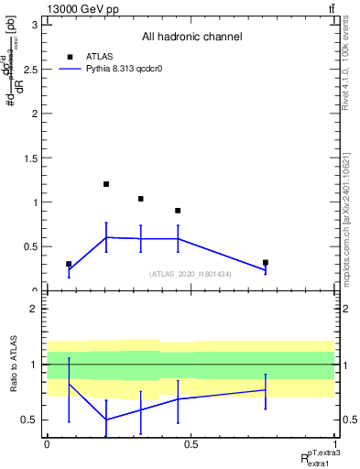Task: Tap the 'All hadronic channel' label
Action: pyautogui.click(x=191, y=38)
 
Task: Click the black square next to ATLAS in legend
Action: pyautogui.click(x=70, y=56)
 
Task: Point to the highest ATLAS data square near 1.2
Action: pyautogui.click(x=106, y=184)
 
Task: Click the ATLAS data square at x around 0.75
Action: pyautogui.click(x=265, y=263)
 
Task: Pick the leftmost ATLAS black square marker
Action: pyautogui.click(x=69, y=264)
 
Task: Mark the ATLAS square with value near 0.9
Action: pyautogui.click(x=178, y=211)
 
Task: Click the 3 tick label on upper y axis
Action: pyautogui.click(x=34, y=25)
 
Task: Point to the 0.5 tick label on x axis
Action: pyautogui.click(x=191, y=444)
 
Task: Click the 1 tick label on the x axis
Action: pyautogui.click(x=334, y=444)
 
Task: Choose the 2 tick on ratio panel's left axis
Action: pyautogui.click(x=34, y=309)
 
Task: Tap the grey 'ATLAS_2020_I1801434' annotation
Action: pyautogui.click(x=191, y=274)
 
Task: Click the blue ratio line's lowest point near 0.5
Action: pyautogui.click(x=106, y=420)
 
